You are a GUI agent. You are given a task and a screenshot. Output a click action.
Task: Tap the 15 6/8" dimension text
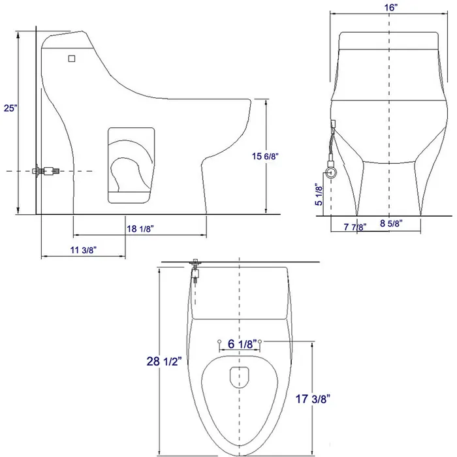click(x=267, y=155)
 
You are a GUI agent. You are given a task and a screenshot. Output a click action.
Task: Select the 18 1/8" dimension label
click(x=139, y=228)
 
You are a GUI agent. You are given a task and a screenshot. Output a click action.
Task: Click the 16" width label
click(x=390, y=6)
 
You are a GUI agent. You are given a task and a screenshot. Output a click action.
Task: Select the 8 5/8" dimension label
click(x=392, y=223)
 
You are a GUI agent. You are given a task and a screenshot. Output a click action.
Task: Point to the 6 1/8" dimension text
click(x=239, y=341)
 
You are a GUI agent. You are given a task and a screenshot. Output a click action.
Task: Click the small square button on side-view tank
click(x=72, y=58)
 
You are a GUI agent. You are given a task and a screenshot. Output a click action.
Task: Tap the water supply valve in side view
click(x=46, y=171)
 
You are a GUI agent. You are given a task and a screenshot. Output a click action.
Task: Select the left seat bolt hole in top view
click(x=217, y=341)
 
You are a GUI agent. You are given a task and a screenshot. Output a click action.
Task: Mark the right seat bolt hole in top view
click(x=260, y=341)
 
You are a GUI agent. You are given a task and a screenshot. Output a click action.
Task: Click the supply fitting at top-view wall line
click(x=195, y=268)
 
